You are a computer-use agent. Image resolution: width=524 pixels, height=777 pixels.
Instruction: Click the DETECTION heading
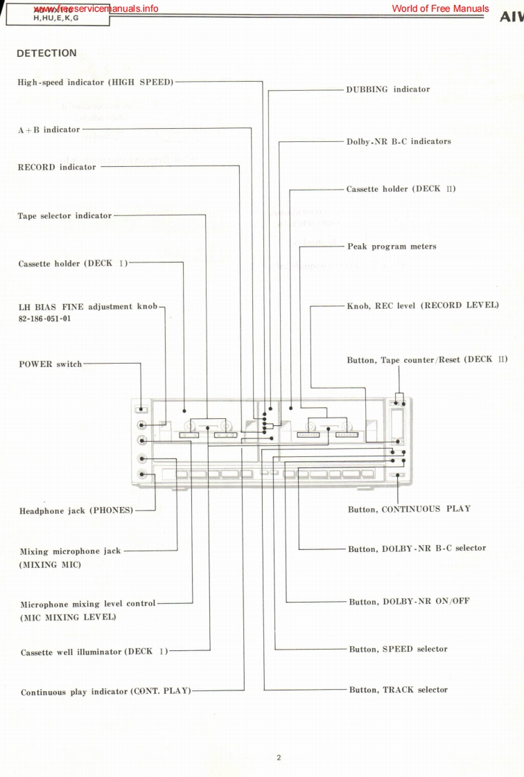tap(46, 53)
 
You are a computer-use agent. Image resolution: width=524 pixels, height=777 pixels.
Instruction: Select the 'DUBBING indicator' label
tap(387, 89)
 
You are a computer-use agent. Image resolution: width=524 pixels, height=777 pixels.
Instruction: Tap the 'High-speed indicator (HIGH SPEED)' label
tap(95, 82)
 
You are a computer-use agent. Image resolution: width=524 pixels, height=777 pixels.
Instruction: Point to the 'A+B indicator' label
tap(49, 129)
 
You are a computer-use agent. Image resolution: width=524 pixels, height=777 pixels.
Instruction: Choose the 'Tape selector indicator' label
tap(64, 216)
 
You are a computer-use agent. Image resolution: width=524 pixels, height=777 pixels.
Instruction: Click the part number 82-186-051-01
tap(44, 319)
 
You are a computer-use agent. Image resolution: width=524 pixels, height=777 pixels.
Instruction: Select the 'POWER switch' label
tap(50, 364)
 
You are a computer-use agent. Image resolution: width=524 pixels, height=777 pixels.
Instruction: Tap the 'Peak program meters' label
tap(392, 247)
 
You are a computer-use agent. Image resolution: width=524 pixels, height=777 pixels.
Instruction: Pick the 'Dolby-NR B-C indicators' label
tap(399, 141)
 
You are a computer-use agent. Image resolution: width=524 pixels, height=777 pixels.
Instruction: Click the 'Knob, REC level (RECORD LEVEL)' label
tap(423, 305)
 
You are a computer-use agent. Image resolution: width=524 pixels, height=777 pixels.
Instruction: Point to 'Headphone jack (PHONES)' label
tap(76, 511)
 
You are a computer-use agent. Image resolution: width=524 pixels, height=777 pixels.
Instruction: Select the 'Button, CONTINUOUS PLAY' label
tap(409, 509)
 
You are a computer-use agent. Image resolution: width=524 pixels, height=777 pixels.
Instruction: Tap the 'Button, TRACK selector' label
tap(399, 690)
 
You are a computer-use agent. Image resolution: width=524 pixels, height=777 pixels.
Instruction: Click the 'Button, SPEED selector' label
tap(399, 650)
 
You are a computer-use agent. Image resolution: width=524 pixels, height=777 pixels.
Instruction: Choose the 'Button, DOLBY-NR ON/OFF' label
tap(409, 602)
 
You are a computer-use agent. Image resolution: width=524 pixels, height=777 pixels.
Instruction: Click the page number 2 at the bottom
tap(278, 758)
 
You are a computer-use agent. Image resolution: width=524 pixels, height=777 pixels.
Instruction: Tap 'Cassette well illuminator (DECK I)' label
tap(94, 652)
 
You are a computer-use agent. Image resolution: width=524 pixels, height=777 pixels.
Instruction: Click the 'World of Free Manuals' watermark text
tap(440, 9)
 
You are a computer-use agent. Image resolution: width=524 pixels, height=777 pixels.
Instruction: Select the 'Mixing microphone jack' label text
tap(70, 552)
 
